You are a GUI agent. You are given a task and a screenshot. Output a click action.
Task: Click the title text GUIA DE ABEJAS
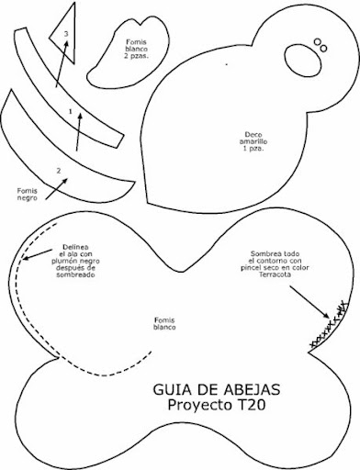click(x=217, y=389)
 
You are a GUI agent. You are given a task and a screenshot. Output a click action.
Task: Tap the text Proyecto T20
click(x=217, y=405)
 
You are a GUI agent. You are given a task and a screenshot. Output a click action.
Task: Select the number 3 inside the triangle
click(x=66, y=34)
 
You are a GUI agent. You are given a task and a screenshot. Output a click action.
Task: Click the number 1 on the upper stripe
click(x=71, y=112)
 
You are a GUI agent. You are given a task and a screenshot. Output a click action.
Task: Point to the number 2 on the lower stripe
click(x=59, y=171)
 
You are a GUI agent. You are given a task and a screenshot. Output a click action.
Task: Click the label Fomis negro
click(x=27, y=195)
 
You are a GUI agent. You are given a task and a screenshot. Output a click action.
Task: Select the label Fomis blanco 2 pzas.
click(x=136, y=49)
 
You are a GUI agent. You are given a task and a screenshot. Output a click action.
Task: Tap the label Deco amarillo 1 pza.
click(x=253, y=141)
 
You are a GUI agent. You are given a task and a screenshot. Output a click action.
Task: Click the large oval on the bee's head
click(x=303, y=60)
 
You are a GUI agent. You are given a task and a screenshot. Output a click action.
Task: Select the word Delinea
click(x=75, y=247)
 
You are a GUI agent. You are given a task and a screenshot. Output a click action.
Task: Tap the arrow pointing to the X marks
click(x=309, y=302)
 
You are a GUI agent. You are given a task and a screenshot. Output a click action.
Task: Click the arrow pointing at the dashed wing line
click(x=38, y=255)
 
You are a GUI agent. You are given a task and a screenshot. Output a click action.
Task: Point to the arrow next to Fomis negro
click(x=57, y=189)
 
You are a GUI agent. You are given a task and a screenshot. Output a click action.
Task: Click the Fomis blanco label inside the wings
click(x=164, y=323)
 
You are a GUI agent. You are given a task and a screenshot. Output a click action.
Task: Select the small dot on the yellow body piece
click(x=227, y=64)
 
